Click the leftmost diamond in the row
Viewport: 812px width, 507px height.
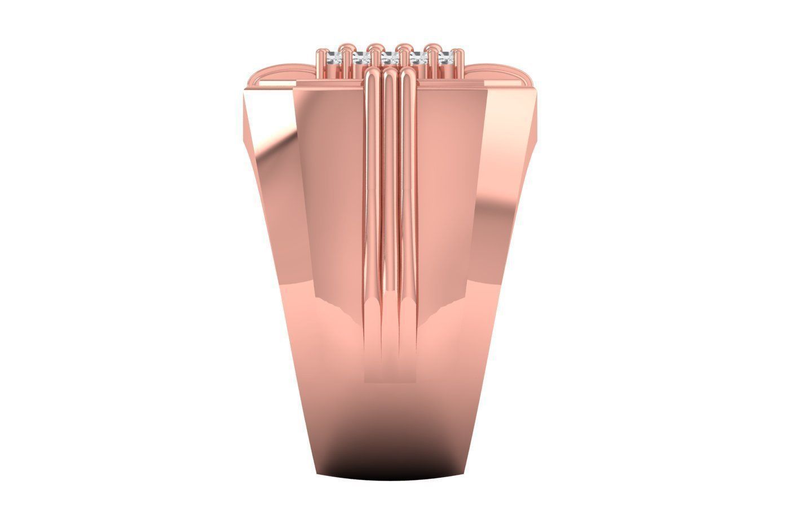coord(333,57)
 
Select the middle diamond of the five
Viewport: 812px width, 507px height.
coord(389,57)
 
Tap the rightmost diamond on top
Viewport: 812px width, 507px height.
coord(447,57)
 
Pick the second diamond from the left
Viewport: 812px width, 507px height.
coord(361,57)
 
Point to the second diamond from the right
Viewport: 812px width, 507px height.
coord(419,57)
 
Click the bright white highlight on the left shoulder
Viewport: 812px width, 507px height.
coord(261,113)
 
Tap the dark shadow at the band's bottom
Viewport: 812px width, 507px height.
coord(389,468)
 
